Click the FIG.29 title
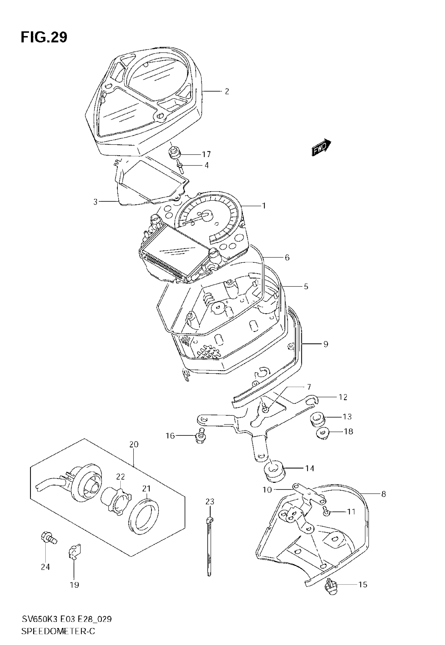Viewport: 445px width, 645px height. [x=44, y=37]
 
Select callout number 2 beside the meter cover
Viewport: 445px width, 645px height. [x=227, y=91]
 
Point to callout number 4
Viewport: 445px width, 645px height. [x=206, y=165]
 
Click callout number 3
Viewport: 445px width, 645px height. [x=96, y=202]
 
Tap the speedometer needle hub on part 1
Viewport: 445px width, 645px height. [x=207, y=216]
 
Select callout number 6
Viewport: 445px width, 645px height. [x=287, y=258]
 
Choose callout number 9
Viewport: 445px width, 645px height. [x=326, y=344]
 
